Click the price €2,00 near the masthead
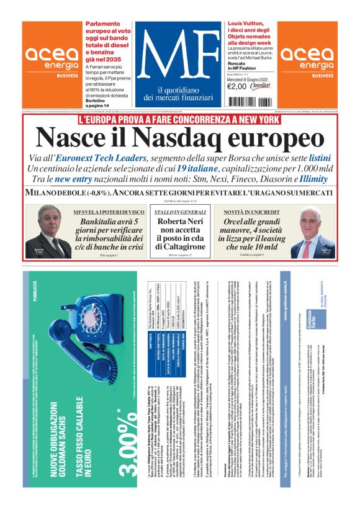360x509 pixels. (236, 86)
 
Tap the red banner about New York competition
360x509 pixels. (179, 119)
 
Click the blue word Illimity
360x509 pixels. (313, 179)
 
